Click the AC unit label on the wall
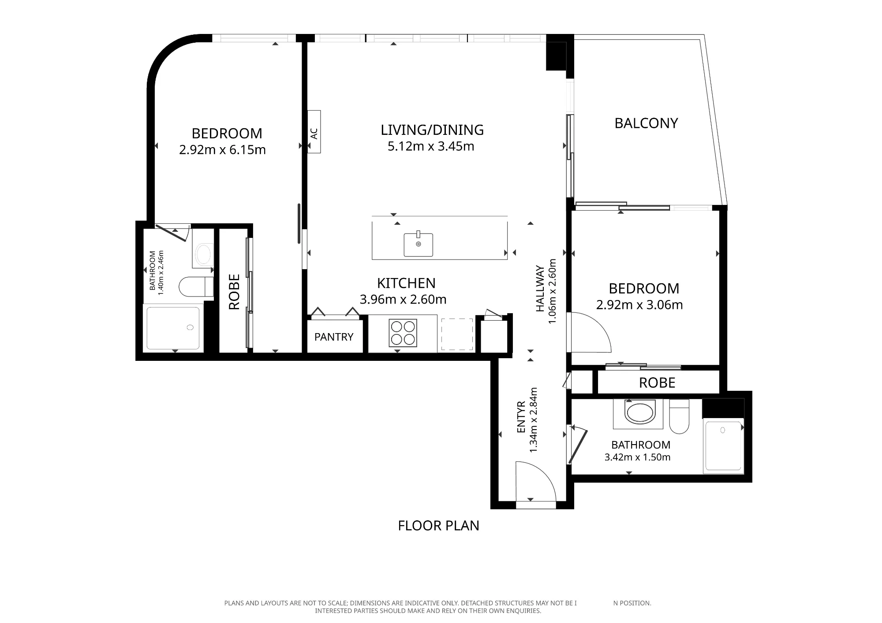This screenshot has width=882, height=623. tap(314, 133)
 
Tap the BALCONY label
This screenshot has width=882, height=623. tap(646, 123)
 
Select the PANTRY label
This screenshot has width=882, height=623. tap(334, 337)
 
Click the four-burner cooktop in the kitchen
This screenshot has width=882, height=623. tap(403, 333)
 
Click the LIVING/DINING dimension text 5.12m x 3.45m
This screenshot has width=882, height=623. tap(431, 146)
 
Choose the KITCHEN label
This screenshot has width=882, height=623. tap(406, 283)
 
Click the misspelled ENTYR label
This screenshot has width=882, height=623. tap(521, 417)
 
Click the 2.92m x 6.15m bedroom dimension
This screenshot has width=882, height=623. tap(222, 150)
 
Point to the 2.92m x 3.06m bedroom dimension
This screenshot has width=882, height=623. tap(639, 304)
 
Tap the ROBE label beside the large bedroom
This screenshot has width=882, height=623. tap(234, 292)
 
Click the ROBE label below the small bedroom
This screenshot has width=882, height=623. tap(657, 382)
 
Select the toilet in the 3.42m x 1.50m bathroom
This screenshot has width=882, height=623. tap(679, 416)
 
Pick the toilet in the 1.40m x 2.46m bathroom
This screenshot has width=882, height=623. tap(196, 287)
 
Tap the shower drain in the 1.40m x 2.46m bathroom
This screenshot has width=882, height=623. tap(190, 327)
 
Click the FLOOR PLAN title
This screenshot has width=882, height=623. tap(438, 526)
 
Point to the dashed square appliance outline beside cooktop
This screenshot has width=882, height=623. tap(457, 334)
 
